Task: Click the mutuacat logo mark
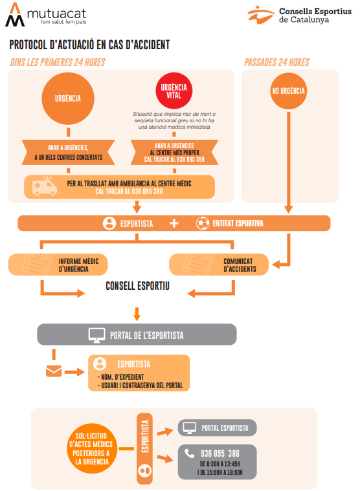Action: [x=15, y=15]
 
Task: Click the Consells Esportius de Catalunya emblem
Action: [x=260, y=15]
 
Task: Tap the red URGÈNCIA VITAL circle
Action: [x=174, y=91]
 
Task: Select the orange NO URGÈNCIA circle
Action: [x=288, y=91]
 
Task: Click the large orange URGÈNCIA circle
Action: [x=68, y=98]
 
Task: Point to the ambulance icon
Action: [x=45, y=186]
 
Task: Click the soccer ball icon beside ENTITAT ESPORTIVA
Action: [x=203, y=223]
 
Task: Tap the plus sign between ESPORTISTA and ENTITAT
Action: [x=174, y=223]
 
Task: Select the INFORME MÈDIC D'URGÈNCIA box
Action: [x=58, y=265]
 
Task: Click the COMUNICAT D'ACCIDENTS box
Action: [x=219, y=265]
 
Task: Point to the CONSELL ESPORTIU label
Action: [x=137, y=286]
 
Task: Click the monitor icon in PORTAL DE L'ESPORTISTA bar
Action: [x=97, y=335]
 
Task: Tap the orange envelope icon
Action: [x=54, y=371]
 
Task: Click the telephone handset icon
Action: [x=189, y=453]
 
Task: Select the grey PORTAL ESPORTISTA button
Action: [x=217, y=428]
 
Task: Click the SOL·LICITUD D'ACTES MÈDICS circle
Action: [x=91, y=449]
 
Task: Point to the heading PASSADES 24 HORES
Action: [x=276, y=62]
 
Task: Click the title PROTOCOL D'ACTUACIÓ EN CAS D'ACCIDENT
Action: [x=89, y=45]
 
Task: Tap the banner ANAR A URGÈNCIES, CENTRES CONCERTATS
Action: [x=68, y=153]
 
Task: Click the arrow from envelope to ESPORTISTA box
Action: [x=74, y=372]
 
